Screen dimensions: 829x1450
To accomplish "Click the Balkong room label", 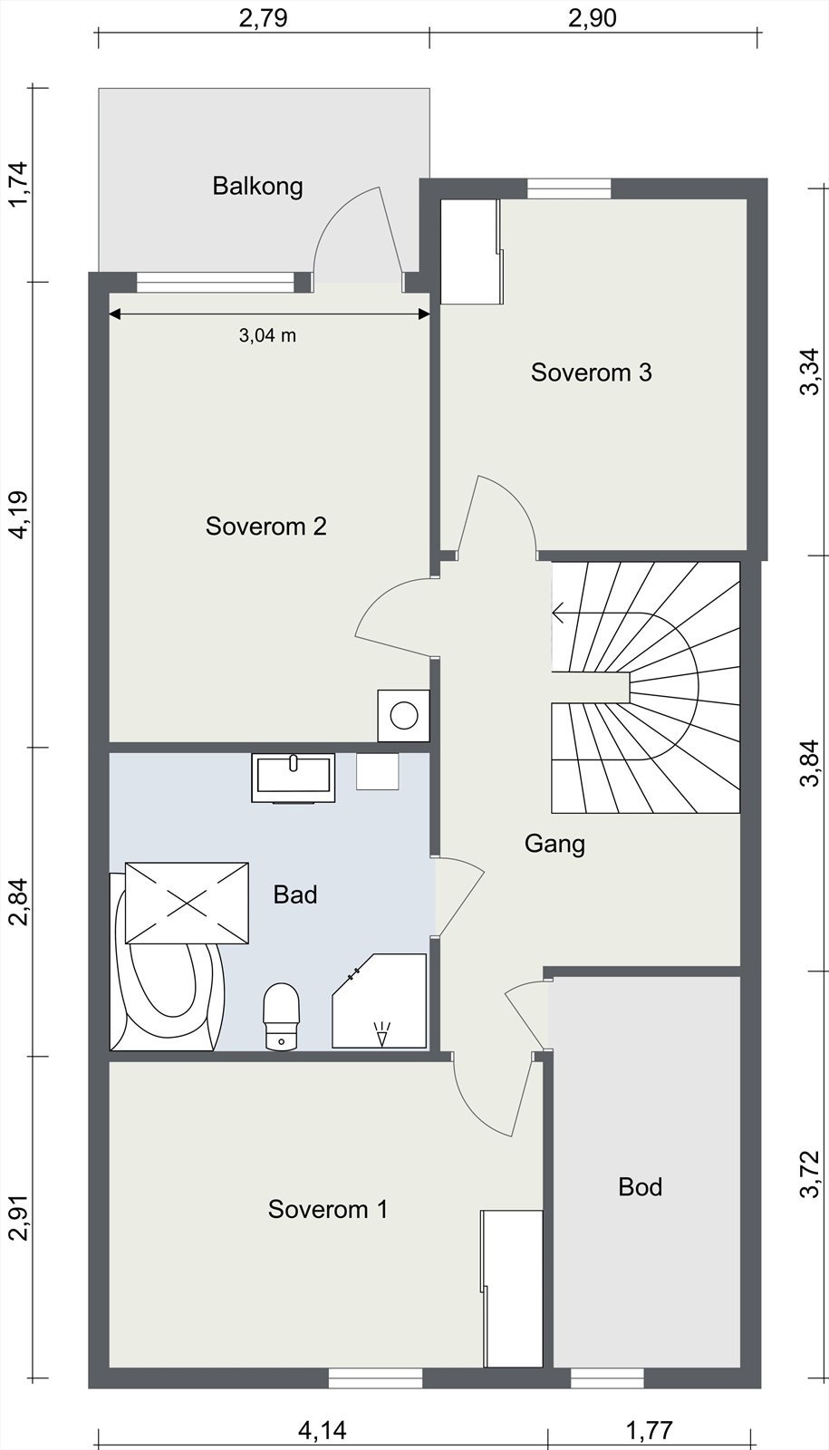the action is click(257, 187).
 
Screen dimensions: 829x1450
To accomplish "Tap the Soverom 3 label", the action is click(591, 372).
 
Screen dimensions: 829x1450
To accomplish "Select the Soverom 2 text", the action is click(266, 527).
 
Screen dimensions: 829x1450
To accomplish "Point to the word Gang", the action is click(554, 844).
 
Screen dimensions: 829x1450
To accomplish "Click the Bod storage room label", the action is click(640, 1186).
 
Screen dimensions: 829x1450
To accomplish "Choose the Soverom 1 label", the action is click(327, 1209).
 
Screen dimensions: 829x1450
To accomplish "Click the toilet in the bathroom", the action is click(282, 1016).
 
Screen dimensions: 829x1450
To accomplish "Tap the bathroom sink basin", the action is click(294, 777).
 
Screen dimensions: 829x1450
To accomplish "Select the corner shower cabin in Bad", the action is click(380, 1001).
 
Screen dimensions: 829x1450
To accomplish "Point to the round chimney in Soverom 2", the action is click(404, 715).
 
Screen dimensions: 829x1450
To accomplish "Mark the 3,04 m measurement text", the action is click(267, 335).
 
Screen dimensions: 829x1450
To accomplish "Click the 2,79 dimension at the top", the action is click(263, 18).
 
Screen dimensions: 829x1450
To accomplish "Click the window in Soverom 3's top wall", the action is click(569, 188).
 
